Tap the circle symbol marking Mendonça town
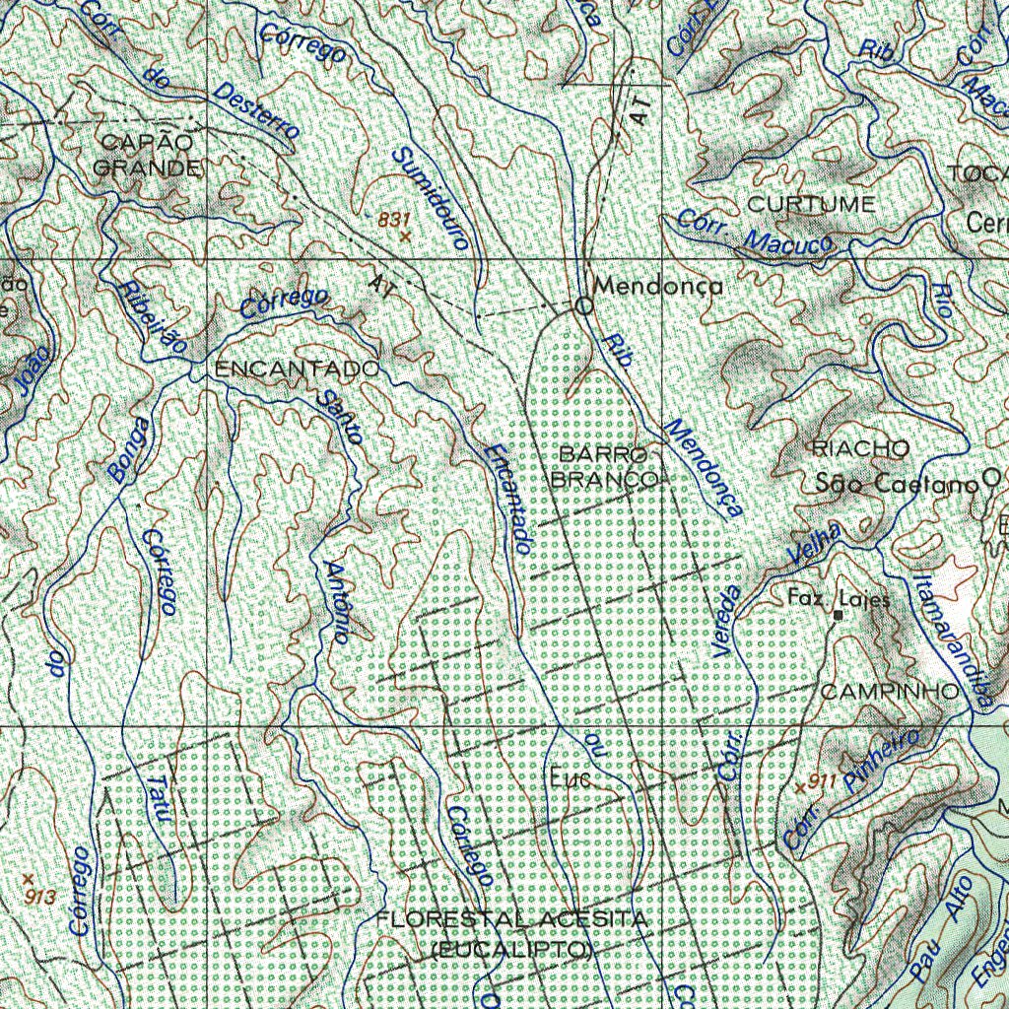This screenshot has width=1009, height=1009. point(583,306)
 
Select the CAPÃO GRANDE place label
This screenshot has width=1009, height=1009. point(147,156)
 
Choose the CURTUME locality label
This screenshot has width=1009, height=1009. point(810,205)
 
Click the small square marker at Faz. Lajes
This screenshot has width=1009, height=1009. point(838,616)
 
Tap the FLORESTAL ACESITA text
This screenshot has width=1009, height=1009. point(512,919)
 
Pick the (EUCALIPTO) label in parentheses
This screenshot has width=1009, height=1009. point(512,950)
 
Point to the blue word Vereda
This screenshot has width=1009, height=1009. point(727,621)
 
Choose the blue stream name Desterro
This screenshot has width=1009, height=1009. point(254,110)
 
